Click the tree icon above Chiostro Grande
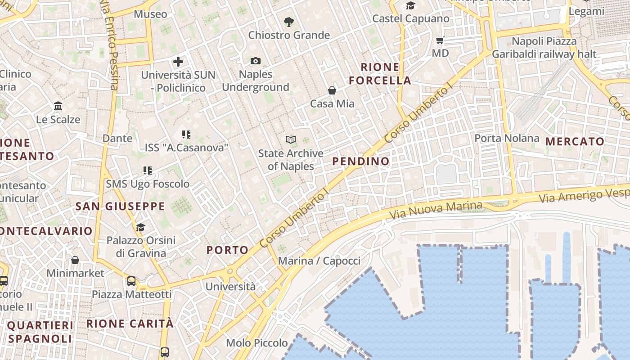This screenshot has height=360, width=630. click(x=288, y=22)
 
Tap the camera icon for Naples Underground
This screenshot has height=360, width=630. click(x=256, y=61)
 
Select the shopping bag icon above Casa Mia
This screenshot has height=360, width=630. click(x=332, y=90)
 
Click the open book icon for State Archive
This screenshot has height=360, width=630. click(x=291, y=140)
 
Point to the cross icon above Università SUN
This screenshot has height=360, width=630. click(x=178, y=62)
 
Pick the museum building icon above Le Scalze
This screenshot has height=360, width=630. click(x=58, y=106)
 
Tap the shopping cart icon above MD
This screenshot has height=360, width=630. click(x=440, y=40)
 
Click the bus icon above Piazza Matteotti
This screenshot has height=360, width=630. click(x=131, y=281)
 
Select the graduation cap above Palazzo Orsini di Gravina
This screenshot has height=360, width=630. click(x=141, y=227)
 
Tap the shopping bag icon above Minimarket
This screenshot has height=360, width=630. click(x=75, y=260)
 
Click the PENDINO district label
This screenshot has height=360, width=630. click(x=361, y=161)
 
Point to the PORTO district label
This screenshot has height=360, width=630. click(x=227, y=250)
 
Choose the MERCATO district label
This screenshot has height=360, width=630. click(x=575, y=142)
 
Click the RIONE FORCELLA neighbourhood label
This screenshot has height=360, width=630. click(x=380, y=74)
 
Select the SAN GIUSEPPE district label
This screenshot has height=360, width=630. click(x=120, y=207)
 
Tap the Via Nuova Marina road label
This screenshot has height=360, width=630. click(x=435, y=210)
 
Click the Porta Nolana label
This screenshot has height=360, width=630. click(x=507, y=138)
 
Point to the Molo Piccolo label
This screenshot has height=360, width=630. click(x=256, y=343)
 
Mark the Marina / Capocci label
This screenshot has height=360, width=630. click(x=319, y=261)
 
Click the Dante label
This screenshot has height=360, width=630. click(x=117, y=138)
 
